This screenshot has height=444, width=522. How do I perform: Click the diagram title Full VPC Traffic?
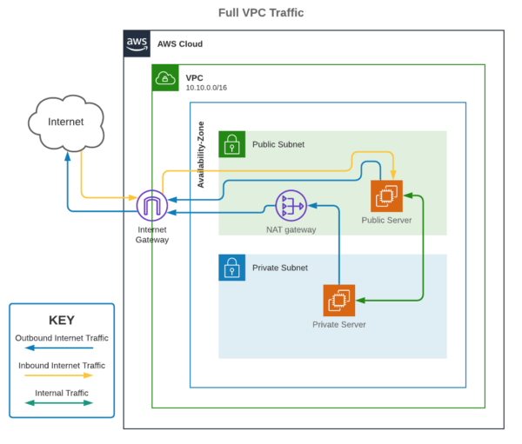point(260,13)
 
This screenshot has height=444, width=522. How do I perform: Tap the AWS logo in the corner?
point(137,43)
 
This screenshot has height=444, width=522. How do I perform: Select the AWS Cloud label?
point(180,43)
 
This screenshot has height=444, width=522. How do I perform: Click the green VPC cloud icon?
point(165,78)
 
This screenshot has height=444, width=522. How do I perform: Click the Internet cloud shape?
point(66,123)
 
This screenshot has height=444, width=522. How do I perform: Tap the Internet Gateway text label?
point(151,235)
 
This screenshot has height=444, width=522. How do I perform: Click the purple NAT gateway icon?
point(291,206)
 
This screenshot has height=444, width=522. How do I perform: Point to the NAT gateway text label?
point(291,230)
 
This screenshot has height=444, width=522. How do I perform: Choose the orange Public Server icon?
point(386,196)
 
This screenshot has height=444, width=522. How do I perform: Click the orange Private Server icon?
point(338,301)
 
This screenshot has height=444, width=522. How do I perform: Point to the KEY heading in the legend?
point(61,320)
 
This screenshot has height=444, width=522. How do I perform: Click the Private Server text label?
point(338,325)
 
